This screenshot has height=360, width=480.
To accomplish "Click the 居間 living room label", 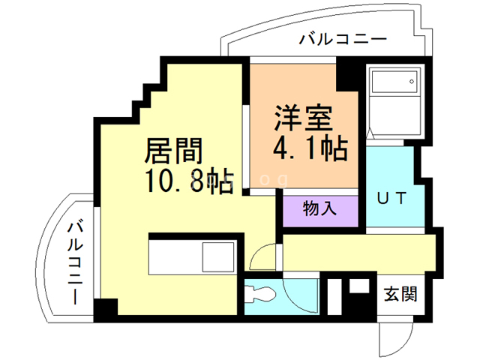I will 173,151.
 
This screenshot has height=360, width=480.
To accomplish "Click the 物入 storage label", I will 319,208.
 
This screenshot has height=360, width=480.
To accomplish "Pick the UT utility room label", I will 391,199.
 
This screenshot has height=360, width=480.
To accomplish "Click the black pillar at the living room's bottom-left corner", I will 106,308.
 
